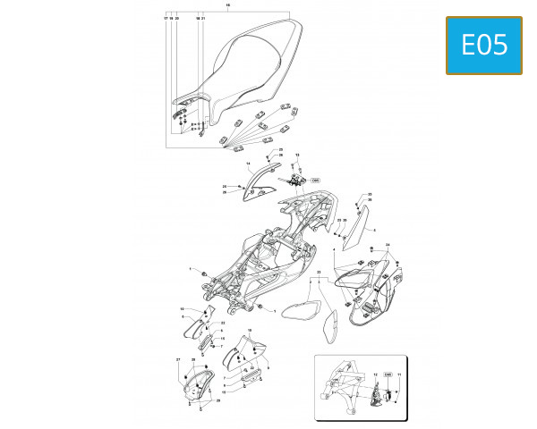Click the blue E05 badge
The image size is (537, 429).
point(483,45)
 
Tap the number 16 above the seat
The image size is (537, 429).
point(227,6)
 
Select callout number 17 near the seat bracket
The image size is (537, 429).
point(166,18)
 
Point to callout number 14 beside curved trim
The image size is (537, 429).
point(248,164)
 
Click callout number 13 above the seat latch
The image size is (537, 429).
point(297,155)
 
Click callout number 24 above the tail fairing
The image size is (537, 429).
point(387,244)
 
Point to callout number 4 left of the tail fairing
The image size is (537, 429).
point(334,249)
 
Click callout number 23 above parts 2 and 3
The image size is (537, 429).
point(319,271)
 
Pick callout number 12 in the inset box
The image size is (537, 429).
point(375,376)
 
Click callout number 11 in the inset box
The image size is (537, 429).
point(399,376)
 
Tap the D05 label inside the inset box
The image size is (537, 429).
point(388,376)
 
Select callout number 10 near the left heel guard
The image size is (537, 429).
point(182,309)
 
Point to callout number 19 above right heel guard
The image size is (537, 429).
point(250,331)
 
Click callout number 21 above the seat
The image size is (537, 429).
point(204,18)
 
